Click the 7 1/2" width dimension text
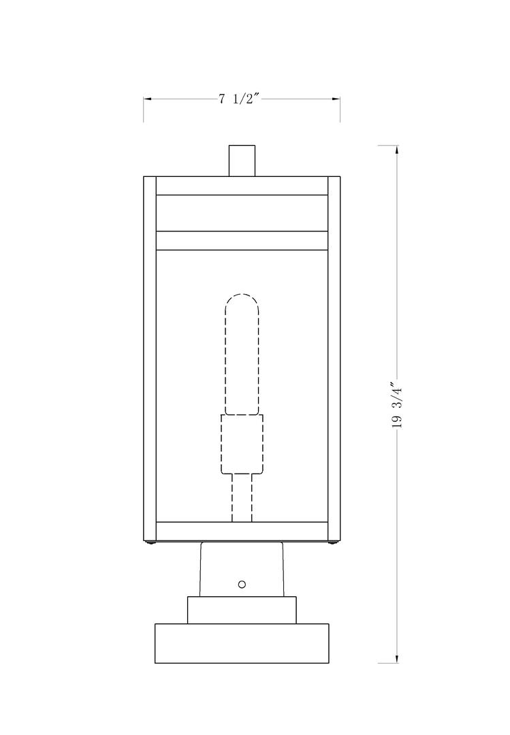point(240,99)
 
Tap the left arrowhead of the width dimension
point(147,99)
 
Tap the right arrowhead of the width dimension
point(336,99)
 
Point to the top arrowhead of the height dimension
point(398,150)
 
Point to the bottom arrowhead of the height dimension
point(398,658)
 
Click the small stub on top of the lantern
point(242,161)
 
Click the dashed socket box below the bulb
point(242,444)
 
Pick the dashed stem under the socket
point(242,497)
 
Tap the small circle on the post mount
point(242,584)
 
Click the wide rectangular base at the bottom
point(242,643)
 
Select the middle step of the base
point(242,610)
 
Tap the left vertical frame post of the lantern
point(150,357)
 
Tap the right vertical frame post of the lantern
point(334,357)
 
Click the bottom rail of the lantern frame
point(242,531)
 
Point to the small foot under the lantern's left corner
point(150,542)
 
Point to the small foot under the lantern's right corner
point(333,542)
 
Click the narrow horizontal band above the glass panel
point(242,241)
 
